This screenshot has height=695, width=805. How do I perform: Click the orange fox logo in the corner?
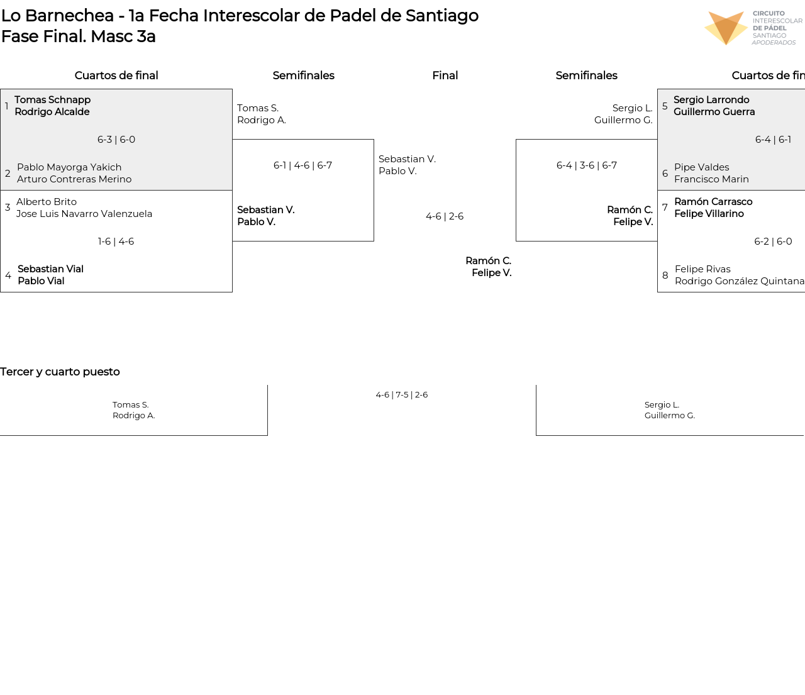(726, 28)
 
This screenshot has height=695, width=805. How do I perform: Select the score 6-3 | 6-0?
(116, 140)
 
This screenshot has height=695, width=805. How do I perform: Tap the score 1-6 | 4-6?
(116, 242)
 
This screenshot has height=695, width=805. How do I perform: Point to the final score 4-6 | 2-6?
(445, 216)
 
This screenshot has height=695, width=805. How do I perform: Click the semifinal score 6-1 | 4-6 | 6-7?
(303, 165)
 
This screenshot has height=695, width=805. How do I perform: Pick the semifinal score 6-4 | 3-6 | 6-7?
(587, 165)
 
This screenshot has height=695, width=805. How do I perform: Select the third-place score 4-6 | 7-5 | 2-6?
(401, 394)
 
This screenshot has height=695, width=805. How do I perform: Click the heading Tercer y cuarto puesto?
(60, 372)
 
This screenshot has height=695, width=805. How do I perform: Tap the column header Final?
(445, 75)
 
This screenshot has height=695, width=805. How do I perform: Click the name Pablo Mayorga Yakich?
(69, 167)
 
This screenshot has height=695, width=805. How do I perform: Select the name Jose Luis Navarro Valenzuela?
(84, 214)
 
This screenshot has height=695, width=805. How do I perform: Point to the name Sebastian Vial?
(51, 269)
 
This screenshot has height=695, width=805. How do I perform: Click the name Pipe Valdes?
(702, 167)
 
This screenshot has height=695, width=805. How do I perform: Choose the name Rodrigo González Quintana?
(740, 281)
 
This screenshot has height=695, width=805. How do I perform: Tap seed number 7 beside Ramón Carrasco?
(665, 208)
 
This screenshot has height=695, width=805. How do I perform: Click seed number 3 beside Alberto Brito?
(8, 208)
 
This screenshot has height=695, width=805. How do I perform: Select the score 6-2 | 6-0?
(773, 242)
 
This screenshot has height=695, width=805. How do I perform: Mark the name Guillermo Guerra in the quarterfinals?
(714, 112)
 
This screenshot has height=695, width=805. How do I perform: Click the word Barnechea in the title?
(69, 16)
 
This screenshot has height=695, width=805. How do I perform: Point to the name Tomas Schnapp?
(53, 100)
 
